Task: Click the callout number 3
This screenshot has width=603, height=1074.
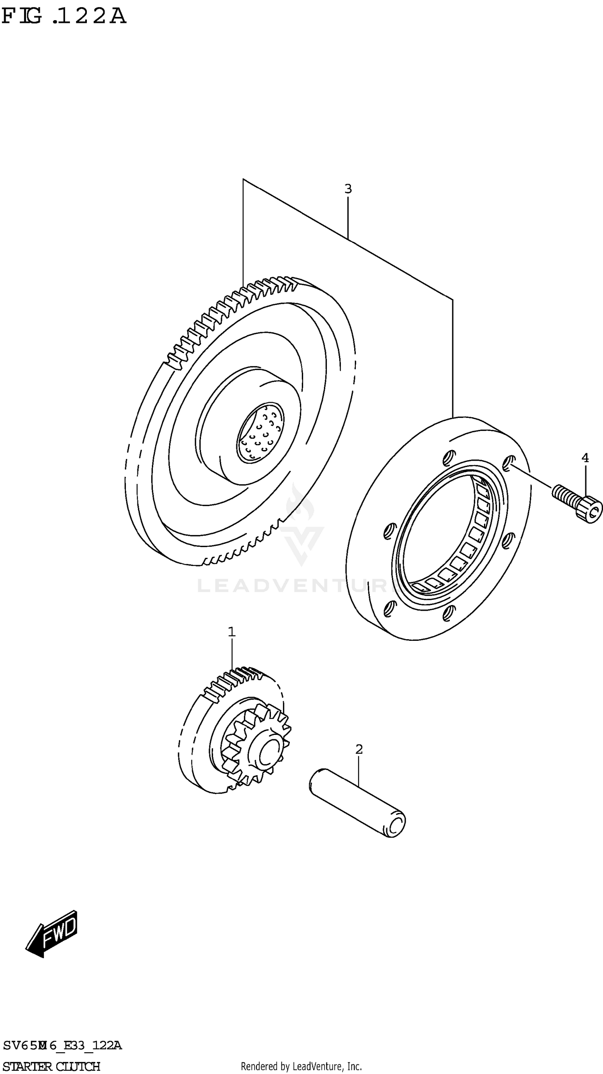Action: click(x=348, y=189)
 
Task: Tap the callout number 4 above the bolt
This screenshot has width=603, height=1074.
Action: click(x=585, y=458)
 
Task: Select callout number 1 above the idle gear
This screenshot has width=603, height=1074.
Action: click(x=232, y=632)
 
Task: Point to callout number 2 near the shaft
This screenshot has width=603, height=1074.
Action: click(x=359, y=749)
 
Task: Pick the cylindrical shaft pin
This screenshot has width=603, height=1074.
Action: click(x=357, y=802)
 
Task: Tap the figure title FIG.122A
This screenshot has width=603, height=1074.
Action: click(x=64, y=16)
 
